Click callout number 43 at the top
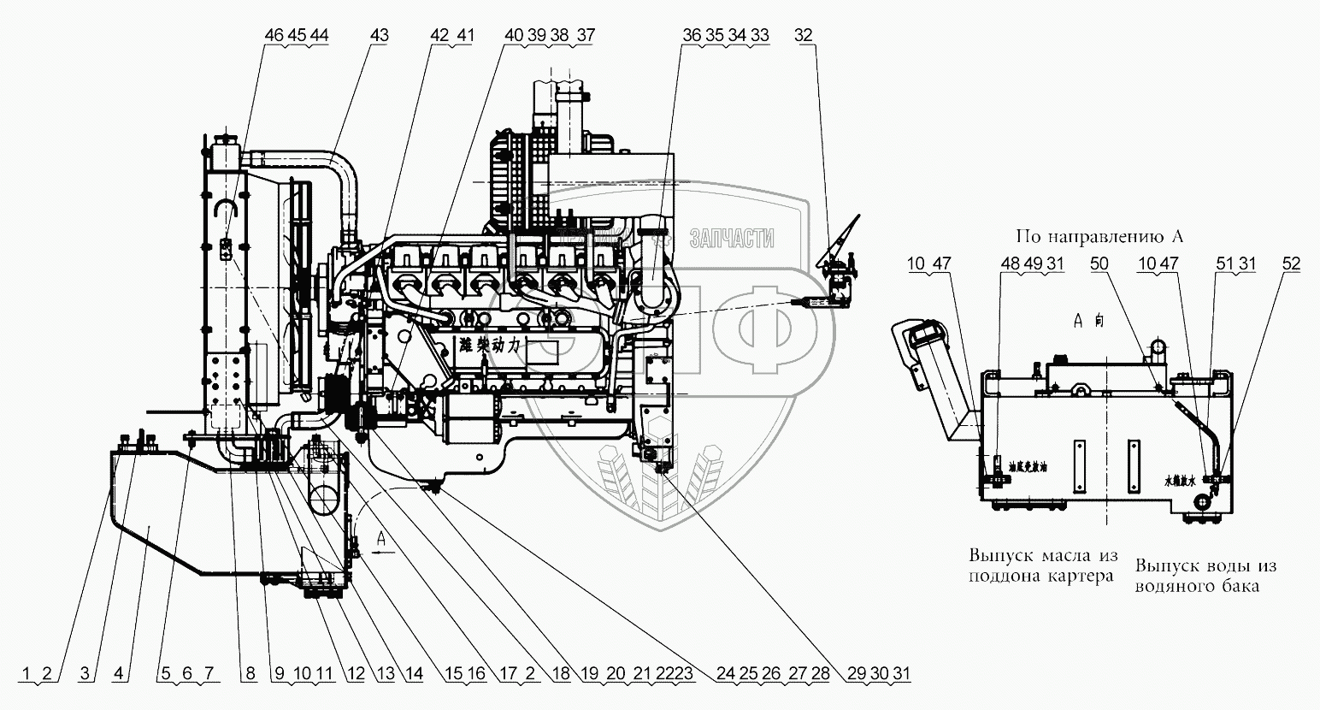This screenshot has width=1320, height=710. pyautogui.click(x=380, y=35)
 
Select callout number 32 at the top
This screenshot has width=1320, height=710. pyautogui.click(x=804, y=35)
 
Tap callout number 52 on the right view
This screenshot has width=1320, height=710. pyautogui.click(x=1290, y=264)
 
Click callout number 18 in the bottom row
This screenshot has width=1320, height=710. pyautogui.click(x=560, y=674)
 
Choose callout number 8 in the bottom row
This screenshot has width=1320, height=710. pyautogui.click(x=249, y=674)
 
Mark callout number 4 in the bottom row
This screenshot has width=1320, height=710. pyautogui.click(x=120, y=674)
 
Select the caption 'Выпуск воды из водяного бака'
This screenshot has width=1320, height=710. pyautogui.click(x=1205, y=576)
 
